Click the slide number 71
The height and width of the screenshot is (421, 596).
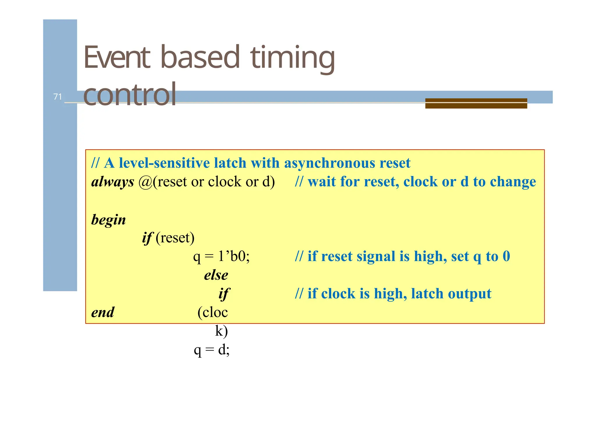point(58,97)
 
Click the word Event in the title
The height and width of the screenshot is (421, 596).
point(117,57)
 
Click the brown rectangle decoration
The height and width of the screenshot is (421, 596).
point(476,103)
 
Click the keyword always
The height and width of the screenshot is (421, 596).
point(113,182)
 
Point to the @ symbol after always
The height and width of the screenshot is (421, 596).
point(145,182)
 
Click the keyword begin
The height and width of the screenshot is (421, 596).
point(108,220)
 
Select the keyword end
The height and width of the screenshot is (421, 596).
point(103,312)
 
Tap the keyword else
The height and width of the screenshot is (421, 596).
point(216,275)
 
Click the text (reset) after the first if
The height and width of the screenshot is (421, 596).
point(175,238)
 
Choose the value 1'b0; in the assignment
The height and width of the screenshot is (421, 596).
point(234,256)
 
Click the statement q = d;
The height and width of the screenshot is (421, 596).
point(212,349)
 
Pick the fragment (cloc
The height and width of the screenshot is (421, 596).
point(212,312)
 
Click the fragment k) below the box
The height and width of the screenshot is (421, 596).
point(221,331)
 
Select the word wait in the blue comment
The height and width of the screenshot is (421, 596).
point(321,182)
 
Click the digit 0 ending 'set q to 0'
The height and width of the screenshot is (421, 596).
point(506,256)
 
